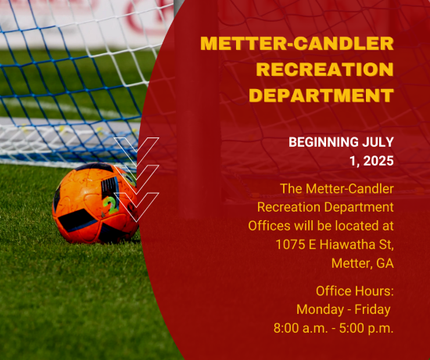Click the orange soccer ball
point(95,203)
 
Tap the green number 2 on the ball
point(110,204)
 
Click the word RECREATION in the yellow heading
point(325,70)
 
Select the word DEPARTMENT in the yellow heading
point(321,95)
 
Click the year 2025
point(378,161)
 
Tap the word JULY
point(378,142)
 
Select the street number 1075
point(290,244)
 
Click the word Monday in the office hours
point(320,309)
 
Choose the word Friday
point(372,309)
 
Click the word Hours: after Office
point(374,291)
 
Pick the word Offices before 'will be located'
point(269,226)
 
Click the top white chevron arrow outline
point(136,152)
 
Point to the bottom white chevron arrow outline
point(136,207)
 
